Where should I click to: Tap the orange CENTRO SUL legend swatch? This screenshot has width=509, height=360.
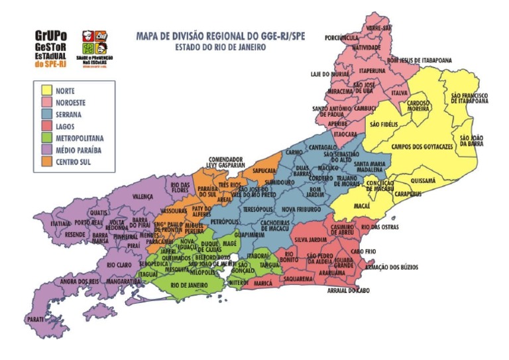[x=46, y=162]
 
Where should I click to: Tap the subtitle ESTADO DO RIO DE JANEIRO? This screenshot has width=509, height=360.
[x=220, y=48]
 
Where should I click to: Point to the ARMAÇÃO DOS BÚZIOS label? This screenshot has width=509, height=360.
[x=390, y=268]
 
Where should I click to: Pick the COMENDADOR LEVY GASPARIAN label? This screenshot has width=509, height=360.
[x=231, y=162]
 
